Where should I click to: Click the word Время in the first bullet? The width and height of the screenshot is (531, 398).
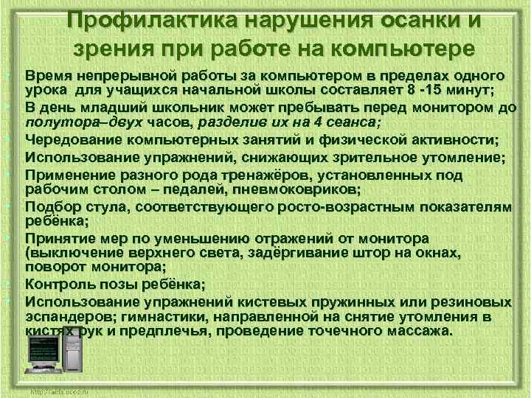[48, 77]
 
